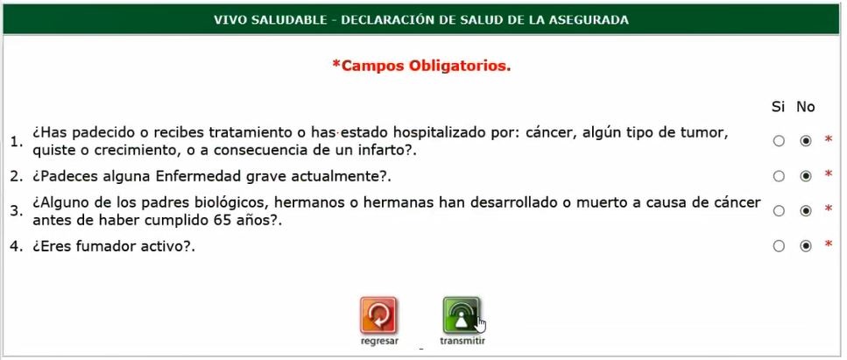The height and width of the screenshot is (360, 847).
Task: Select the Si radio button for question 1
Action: [x=779, y=141]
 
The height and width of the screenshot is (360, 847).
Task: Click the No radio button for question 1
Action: [x=806, y=141]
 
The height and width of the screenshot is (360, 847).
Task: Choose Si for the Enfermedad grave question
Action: [x=779, y=176]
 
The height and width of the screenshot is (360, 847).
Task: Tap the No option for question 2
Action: [x=806, y=176]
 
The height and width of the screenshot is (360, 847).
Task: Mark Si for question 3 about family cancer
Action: [x=779, y=211]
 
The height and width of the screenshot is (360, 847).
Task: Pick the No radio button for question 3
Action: [x=806, y=211]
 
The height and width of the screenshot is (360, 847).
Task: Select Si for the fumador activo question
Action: [x=779, y=246]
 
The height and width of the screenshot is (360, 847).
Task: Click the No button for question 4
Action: [x=806, y=246]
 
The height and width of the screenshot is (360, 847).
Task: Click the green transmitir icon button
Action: [x=461, y=315]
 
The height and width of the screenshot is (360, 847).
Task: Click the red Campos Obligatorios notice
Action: [x=421, y=66]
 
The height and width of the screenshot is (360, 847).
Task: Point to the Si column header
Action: [x=778, y=107]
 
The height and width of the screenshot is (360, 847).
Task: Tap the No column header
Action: [x=806, y=107]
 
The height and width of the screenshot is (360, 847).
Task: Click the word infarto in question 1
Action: [x=383, y=151]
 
